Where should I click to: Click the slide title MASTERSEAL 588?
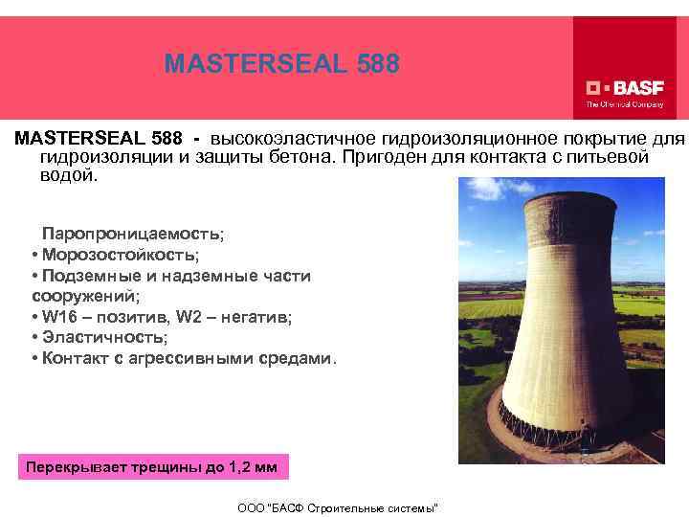click(x=280, y=64)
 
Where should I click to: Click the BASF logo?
click(x=624, y=84)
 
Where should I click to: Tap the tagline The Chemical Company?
click(x=624, y=103)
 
